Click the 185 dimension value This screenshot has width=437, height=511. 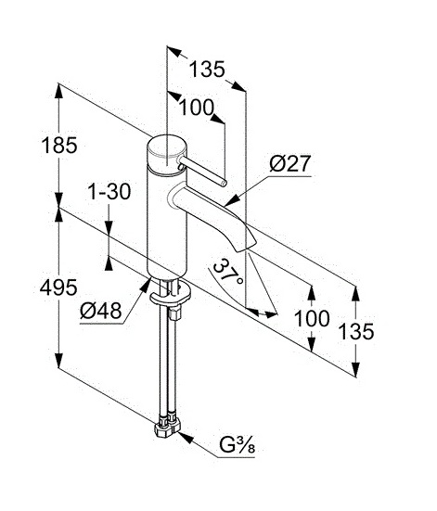point(59,145)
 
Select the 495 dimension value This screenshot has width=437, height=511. point(58,287)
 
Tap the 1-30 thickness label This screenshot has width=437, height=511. point(109,191)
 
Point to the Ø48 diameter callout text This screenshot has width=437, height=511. point(101,311)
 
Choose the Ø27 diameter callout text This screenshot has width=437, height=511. point(289,163)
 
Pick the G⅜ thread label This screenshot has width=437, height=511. point(237,445)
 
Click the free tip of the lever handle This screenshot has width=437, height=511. point(223,184)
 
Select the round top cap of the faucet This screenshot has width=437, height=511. point(167,152)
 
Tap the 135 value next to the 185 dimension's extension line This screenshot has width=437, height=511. point(207,69)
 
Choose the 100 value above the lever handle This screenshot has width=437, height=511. point(197,108)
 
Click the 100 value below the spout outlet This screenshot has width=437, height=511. point(312,318)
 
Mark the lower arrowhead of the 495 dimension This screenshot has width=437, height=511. point(58,360)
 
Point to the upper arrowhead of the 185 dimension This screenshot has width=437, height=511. point(58,92)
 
